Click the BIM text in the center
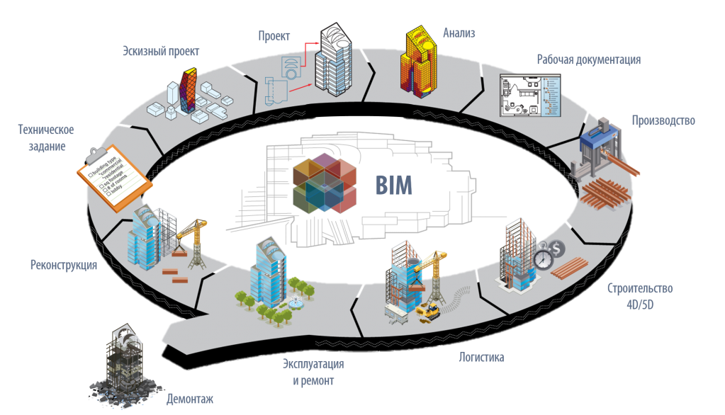pos(393,186)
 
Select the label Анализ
pos(459,33)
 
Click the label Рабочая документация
pos(588,60)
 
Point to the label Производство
pos(663,120)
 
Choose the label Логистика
pos(482,358)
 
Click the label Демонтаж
pos(190,399)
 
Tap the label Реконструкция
pos(63,266)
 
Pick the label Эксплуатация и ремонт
pos(313,373)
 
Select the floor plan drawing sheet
pos(530,96)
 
